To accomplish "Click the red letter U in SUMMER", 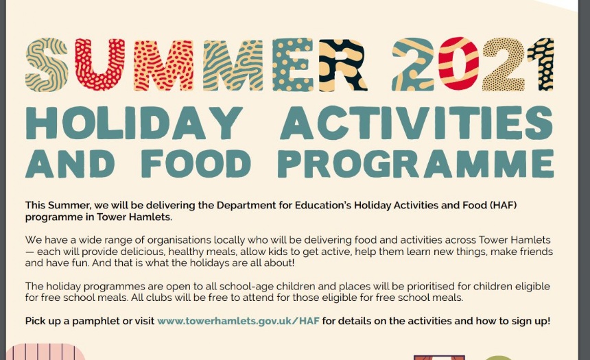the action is coord(99,64).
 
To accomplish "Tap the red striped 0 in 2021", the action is coord(458,64).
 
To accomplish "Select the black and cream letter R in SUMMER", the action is coord(342,64).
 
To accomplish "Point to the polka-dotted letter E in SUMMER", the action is coord(293,64).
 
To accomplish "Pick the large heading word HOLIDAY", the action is coord(134,123).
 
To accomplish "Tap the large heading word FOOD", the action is coord(196,163).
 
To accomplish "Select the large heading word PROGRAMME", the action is coord(416,163).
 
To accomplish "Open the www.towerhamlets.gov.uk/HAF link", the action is coord(238,321).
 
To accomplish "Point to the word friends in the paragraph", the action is coord(536,251).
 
